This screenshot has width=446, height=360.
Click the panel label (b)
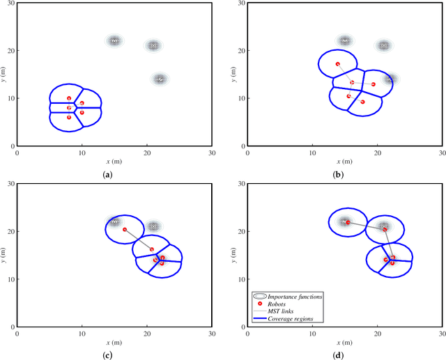[x=338, y=174]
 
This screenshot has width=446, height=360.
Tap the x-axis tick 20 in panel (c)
[x=147, y=332]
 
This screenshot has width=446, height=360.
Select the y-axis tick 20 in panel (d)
[x=240, y=231]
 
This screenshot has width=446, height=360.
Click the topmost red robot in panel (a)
[x=69, y=98]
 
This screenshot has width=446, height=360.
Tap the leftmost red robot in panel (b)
[x=337, y=64]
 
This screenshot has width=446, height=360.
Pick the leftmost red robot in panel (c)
[x=125, y=230]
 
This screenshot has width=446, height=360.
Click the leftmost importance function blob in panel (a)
[x=114, y=41]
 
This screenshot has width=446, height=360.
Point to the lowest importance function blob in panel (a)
[x=160, y=79]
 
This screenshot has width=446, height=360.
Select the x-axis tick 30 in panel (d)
[x=443, y=332]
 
